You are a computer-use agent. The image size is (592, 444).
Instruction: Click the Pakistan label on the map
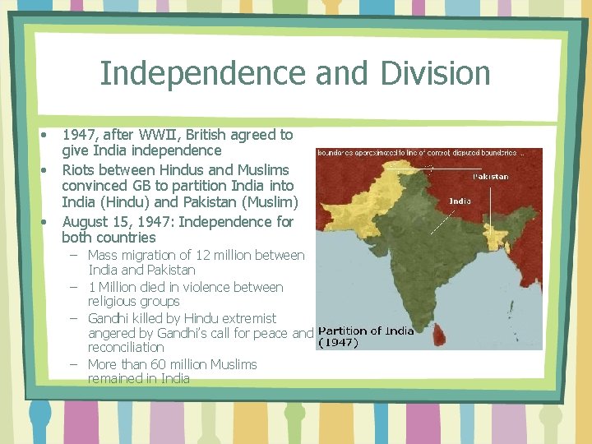click(491, 176)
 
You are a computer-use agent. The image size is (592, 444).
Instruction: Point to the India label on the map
click(460, 201)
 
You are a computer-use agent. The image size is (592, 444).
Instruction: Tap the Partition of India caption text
click(366, 331)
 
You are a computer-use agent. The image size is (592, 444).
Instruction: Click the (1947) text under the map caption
click(338, 343)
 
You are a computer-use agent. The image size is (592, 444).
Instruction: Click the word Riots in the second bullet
click(78, 170)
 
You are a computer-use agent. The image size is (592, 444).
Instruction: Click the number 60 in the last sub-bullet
click(157, 364)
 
